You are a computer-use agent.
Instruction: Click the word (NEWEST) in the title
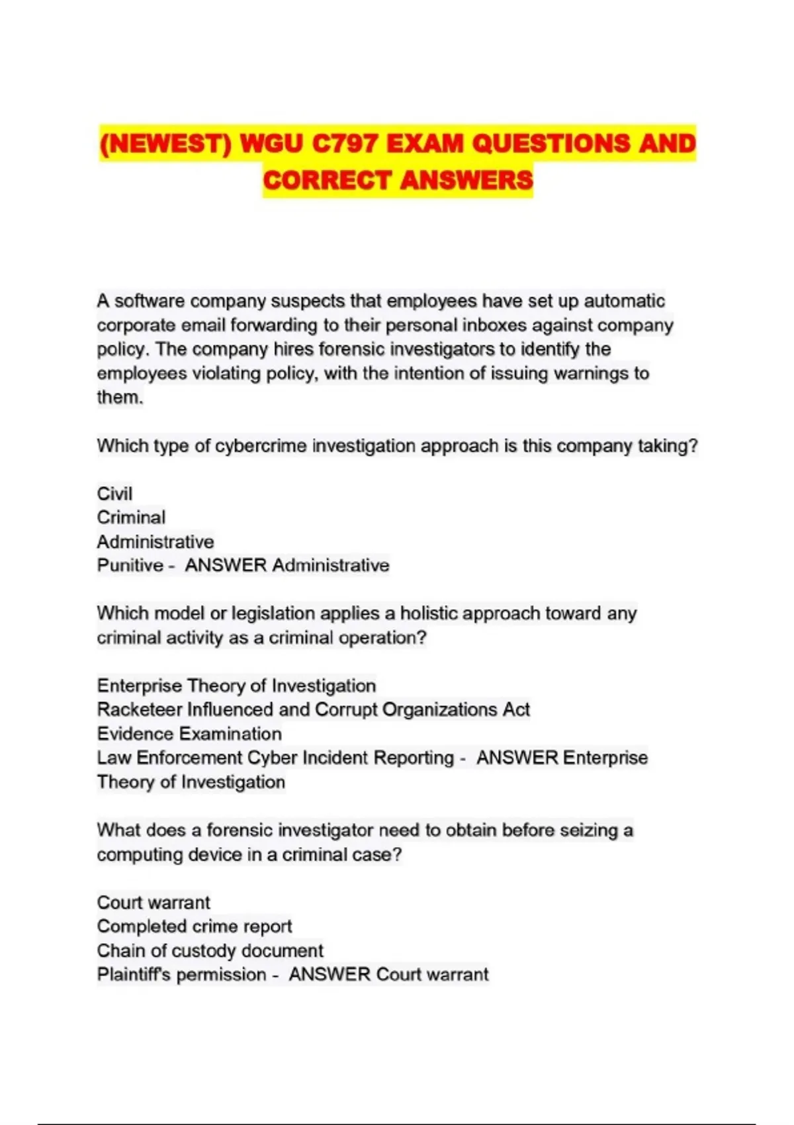coord(165,144)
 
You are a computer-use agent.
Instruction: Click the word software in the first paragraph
coord(150,301)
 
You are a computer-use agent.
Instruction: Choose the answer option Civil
coord(114,494)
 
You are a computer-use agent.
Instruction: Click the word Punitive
coord(130,566)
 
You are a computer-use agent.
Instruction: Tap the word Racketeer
coord(139,709)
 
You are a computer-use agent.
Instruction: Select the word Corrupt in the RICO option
coord(346,709)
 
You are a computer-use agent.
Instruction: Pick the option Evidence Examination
coord(189,734)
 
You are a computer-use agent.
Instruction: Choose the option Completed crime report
coord(195,926)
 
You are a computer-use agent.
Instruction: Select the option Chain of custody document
coord(210,951)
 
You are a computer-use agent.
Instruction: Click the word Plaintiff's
coord(138,975)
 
